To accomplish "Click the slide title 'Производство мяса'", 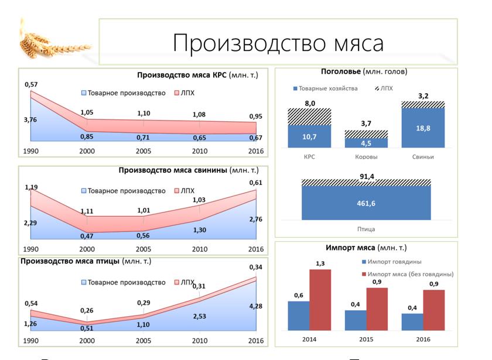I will point(278,43).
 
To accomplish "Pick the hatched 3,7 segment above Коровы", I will point(366,134).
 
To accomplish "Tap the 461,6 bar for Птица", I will point(366,203).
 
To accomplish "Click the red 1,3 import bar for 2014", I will point(321,299).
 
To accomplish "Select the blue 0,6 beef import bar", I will point(298,315).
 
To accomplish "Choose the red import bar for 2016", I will point(434,310).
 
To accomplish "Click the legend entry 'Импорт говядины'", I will point(394,262).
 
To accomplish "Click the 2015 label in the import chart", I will point(366,339).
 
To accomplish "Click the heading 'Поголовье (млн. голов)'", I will point(364,71).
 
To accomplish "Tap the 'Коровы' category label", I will point(366,157).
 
